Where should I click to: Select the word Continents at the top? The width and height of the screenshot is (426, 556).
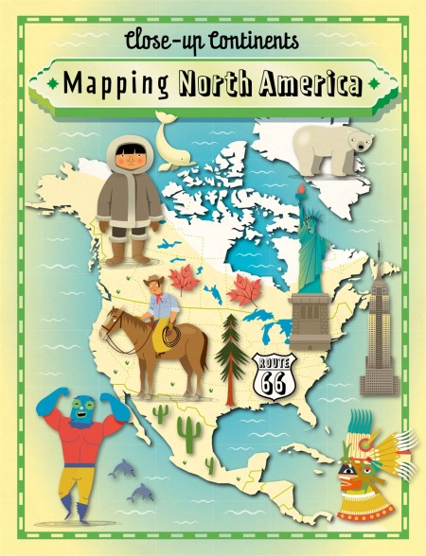click(246, 40)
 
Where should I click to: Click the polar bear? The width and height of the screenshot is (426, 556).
click(329, 146)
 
